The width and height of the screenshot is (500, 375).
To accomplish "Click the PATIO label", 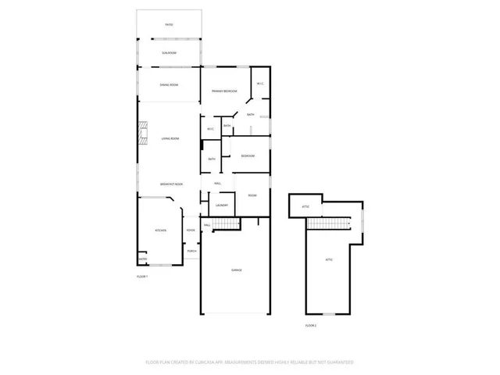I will click(x=169, y=25).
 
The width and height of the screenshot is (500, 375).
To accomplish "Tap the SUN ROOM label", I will click(x=169, y=52).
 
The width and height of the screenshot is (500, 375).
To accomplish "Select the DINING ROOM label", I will click(x=169, y=84).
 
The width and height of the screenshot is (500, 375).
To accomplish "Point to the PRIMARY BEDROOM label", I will click(x=224, y=91).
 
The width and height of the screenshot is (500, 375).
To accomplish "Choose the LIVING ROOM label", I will click(x=170, y=138).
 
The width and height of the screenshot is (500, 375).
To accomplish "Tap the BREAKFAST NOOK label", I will click(x=171, y=184).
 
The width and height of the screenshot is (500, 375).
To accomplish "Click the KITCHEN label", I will click(x=160, y=230).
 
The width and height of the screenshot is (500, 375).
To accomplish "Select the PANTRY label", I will click(x=142, y=259).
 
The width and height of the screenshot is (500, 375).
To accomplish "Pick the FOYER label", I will click(x=191, y=230).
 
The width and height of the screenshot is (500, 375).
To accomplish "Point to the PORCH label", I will click(x=191, y=251).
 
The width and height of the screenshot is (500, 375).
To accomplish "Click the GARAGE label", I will click(x=236, y=270).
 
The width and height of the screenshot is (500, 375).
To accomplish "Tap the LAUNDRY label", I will click(x=222, y=205).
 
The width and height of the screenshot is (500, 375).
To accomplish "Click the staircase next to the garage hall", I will click(x=227, y=225).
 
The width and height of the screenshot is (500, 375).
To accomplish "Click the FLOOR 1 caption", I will click(x=142, y=277).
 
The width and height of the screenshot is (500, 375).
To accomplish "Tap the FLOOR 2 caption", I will click(x=310, y=325).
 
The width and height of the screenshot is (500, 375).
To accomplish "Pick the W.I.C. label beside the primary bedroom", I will click(x=259, y=84).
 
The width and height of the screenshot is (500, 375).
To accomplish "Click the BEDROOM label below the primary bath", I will click(x=247, y=156).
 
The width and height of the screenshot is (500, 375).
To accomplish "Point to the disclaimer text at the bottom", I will click(x=250, y=362).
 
